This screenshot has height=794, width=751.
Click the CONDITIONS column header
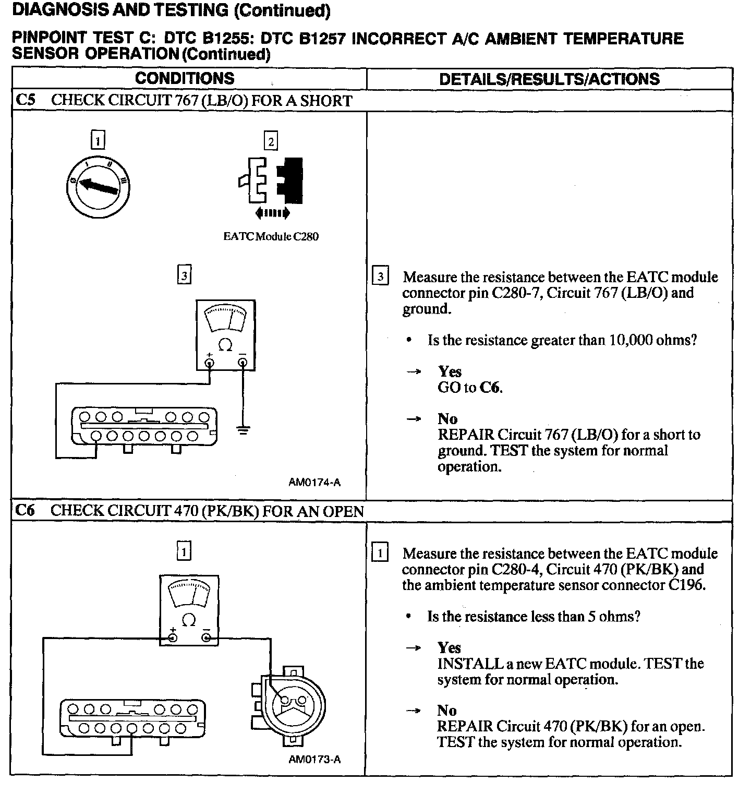click(x=185, y=78)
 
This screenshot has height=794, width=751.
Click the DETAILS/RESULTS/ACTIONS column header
click(x=549, y=79)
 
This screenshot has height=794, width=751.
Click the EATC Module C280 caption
click(x=271, y=236)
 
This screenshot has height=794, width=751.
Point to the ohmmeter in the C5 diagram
click(x=225, y=334)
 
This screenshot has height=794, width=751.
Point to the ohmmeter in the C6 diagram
click(x=188, y=610)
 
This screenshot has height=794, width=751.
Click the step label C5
click(x=26, y=100)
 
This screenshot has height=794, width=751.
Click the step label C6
click(x=25, y=510)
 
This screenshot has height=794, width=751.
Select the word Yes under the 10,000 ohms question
click(x=450, y=371)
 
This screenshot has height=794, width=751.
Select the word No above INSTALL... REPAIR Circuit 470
click(x=447, y=711)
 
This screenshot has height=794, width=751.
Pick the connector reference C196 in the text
click(x=686, y=585)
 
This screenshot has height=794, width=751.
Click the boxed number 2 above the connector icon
click(x=271, y=141)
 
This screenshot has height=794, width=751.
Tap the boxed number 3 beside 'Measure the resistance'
click(x=381, y=276)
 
